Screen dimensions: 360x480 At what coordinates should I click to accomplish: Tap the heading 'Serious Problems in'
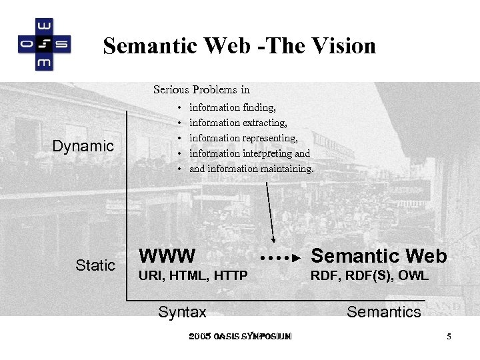[201, 89]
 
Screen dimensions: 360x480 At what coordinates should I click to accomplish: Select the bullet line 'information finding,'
[233, 107]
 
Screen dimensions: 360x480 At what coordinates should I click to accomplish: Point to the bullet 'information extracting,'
[238, 123]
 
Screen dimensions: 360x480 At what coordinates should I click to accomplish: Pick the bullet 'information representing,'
[243, 138]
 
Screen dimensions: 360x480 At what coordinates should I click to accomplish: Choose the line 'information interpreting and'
[249, 153]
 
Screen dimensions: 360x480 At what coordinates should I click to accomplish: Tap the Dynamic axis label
[83, 146]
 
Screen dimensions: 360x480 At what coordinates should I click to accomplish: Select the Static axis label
[95, 265]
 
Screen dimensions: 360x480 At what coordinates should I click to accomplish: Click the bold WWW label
[167, 256]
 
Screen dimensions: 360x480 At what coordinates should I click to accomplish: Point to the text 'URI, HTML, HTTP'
[193, 275]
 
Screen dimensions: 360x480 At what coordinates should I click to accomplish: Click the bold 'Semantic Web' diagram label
[379, 256]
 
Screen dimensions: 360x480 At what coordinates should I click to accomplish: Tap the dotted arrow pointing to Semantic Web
[281, 256]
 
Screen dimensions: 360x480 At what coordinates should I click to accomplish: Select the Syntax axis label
[182, 311]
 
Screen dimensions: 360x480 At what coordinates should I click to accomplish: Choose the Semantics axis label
[384, 311]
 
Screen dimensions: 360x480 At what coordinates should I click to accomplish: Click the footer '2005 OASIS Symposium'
[240, 337]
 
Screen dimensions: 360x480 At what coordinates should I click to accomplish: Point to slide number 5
[449, 337]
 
